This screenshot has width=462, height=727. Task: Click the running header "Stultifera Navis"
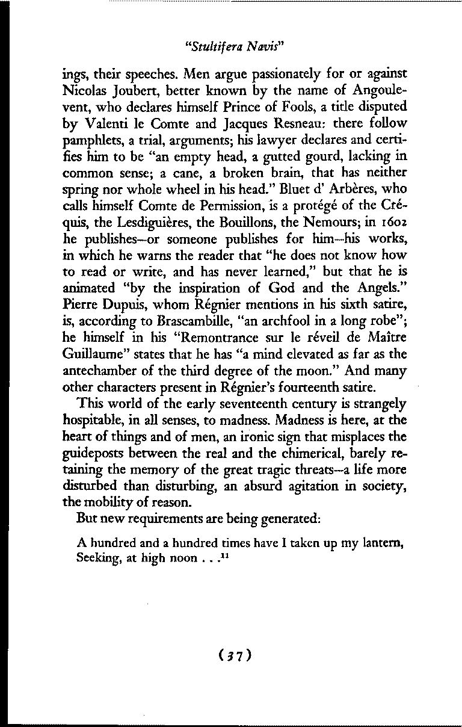[x=231, y=45]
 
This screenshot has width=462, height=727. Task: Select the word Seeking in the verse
[x=99, y=557]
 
